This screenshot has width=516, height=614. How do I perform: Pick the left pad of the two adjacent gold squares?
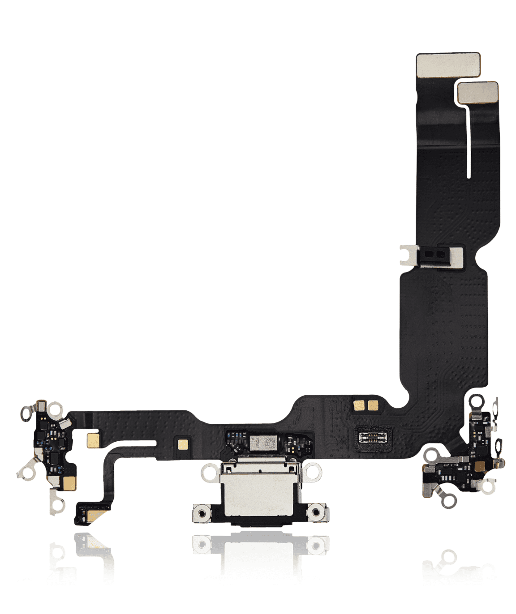pos(359,405)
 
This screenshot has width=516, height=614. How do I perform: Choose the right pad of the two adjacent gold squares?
pos(373,405)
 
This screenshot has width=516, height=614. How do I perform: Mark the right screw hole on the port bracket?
pos(317,512)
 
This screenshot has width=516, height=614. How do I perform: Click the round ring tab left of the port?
pos(209,472)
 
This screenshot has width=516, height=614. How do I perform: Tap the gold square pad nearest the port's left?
pos(183,444)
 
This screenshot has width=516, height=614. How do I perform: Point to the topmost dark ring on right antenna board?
pos(476,401)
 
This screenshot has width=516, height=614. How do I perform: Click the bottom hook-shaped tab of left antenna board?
pos(57,504)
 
